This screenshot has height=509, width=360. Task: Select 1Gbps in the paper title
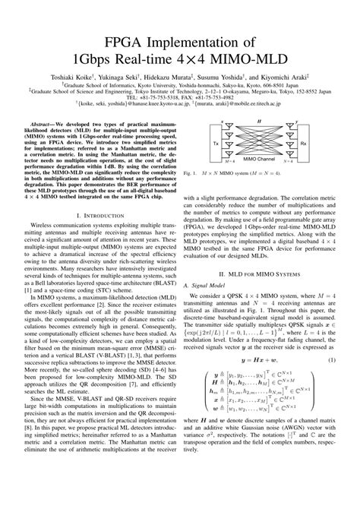105,60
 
